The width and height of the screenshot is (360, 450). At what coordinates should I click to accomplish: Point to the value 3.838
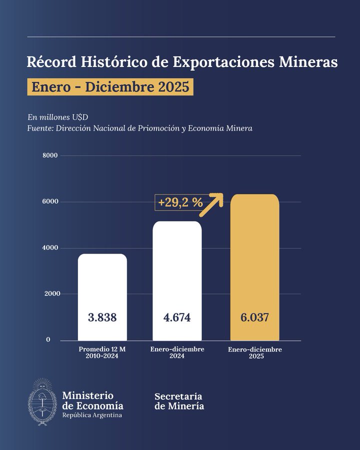click(x=102, y=317)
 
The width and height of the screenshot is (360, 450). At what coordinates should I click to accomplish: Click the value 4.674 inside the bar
click(x=177, y=317)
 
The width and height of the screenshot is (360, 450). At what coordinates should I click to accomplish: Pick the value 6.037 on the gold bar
click(x=254, y=317)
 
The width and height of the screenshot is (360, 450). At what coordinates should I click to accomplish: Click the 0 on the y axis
click(x=48, y=340)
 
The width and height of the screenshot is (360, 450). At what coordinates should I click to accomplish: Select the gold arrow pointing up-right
click(x=211, y=203)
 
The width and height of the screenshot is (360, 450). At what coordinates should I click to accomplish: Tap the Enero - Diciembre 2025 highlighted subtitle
click(x=110, y=87)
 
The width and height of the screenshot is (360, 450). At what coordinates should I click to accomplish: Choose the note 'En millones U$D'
click(x=58, y=117)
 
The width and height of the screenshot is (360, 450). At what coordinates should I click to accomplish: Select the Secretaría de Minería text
click(x=179, y=400)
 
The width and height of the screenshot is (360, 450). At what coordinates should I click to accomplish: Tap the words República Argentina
click(x=91, y=415)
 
